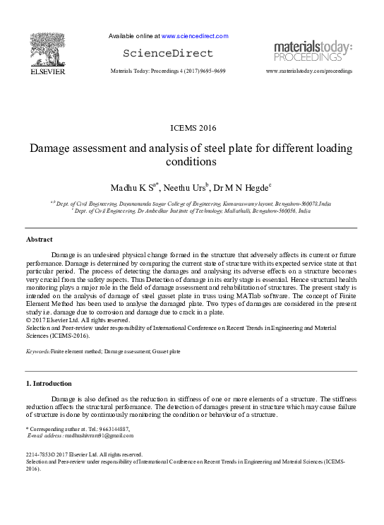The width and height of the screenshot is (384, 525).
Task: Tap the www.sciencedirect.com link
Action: click(195, 36)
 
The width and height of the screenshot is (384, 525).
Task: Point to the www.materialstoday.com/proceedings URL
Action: click(308, 71)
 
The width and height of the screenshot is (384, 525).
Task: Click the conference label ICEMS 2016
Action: click(191, 128)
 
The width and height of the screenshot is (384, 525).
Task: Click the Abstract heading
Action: click(39, 240)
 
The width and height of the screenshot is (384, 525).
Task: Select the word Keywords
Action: click(37, 350)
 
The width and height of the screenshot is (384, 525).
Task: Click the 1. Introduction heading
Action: click(48, 384)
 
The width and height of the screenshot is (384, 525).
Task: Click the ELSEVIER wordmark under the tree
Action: click(47, 71)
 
